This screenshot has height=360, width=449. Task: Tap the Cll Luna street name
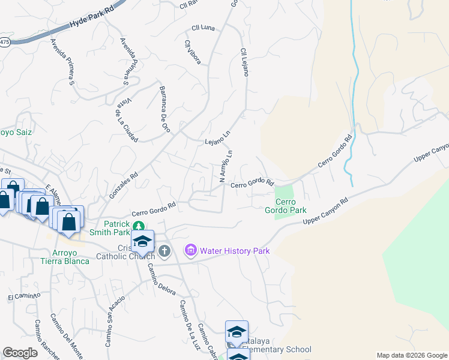tap(203, 28)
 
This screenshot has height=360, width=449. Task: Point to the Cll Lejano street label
tap(244, 62)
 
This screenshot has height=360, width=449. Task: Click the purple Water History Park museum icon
tap(191, 249)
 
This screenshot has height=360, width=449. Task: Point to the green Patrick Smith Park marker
tap(139, 226)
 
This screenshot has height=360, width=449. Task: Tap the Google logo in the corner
tap(20, 353)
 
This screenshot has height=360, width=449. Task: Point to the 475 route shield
tap(4, 43)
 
